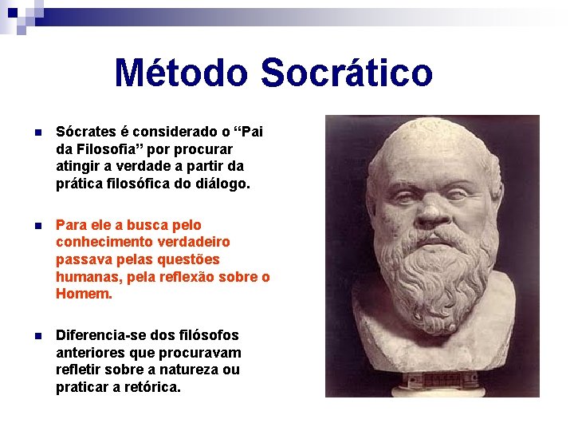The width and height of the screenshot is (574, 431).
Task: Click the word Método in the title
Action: click(183, 73)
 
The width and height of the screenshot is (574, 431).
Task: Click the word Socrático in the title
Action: click(346, 73)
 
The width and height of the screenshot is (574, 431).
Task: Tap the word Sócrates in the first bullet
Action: click(85, 132)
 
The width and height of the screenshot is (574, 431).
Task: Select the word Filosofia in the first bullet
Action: click(110, 149)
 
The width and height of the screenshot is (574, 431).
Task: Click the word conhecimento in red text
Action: click(102, 242)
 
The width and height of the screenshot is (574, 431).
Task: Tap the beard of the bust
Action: click(431, 275)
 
